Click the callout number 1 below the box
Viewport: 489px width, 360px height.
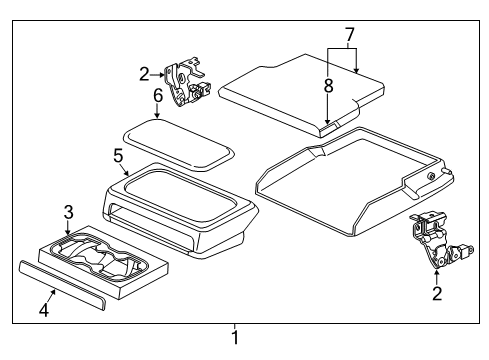coord(235,337)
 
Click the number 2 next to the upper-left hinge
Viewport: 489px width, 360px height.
coord(144,73)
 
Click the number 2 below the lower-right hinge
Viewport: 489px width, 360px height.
coord(436,293)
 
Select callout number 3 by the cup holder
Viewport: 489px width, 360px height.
coord(68,211)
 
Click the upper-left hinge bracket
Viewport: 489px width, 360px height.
coord(185,80)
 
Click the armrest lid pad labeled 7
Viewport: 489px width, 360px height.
coord(295,90)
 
